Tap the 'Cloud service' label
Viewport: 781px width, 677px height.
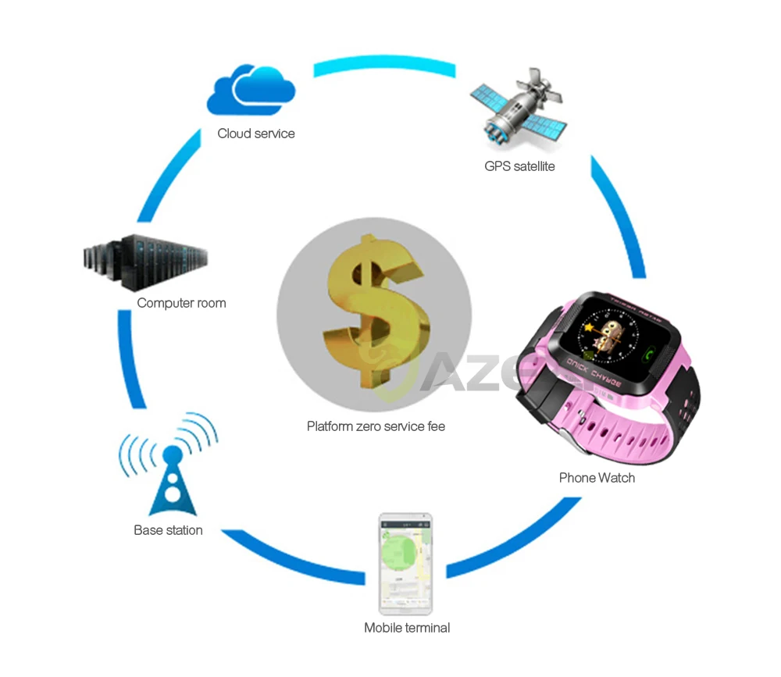coord(256,134)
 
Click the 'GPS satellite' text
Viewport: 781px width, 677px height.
coord(519,166)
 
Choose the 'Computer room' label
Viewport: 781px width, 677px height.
coord(181,303)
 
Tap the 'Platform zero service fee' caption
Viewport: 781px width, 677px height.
coord(376,426)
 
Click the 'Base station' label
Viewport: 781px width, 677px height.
coord(168,530)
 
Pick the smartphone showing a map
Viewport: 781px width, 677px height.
coord(406,563)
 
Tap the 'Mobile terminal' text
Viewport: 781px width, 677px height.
coord(407,628)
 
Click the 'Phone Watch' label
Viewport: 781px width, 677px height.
coord(597,478)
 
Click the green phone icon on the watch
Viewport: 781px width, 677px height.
coord(647,355)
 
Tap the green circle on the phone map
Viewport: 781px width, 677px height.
coord(401,551)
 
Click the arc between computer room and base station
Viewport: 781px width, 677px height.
coord(132,359)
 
